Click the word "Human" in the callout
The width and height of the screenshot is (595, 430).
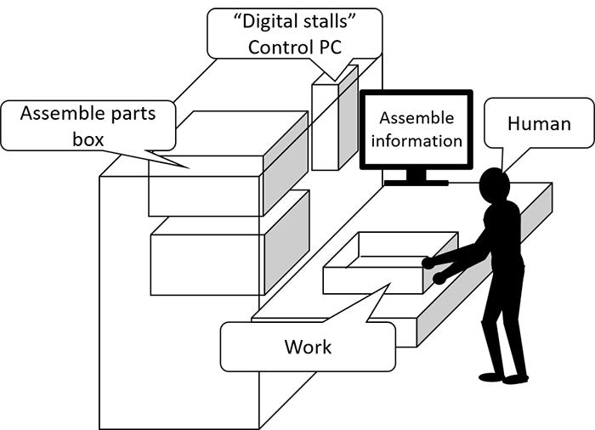(538, 123)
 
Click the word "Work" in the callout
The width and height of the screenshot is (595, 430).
(308, 347)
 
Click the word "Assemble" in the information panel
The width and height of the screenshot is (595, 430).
(416, 118)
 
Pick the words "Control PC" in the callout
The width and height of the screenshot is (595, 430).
(294, 47)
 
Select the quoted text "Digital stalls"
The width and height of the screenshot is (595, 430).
(294, 23)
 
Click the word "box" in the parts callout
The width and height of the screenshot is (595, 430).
(87, 138)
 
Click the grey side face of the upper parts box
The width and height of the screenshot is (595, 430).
(285, 166)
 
